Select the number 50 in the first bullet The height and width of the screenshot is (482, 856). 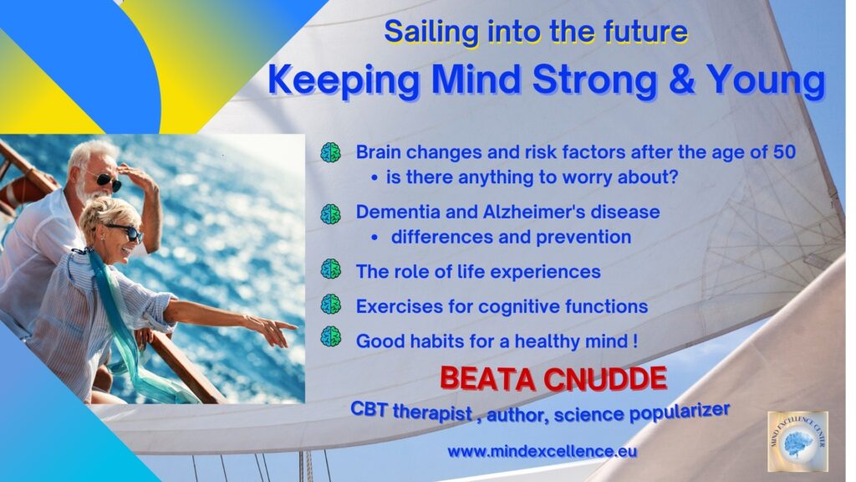coord(784,151)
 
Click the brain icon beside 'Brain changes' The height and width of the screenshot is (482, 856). coord(331,152)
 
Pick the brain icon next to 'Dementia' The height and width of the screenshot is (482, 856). coord(331,213)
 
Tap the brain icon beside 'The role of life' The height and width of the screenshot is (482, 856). coord(331,269)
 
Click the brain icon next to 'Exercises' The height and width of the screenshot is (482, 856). coord(331,304)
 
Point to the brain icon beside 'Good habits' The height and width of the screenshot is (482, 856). coord(331,336)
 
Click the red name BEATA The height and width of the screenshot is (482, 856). coord(488,379)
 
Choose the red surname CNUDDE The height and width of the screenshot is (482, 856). coord(605,379)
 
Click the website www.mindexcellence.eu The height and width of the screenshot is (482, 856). coord(542,451)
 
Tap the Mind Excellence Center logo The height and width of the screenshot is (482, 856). coord(797,442)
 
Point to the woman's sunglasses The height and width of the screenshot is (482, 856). coord(127,232)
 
